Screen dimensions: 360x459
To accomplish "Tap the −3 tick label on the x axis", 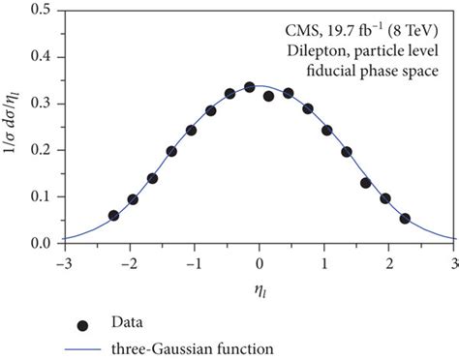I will pos(64,261).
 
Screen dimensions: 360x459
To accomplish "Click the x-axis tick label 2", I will pos(389,261).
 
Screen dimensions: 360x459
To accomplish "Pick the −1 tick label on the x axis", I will pos(194,261).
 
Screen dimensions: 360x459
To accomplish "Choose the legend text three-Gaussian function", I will pos(191,345).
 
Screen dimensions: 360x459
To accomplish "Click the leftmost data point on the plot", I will pos(113,216).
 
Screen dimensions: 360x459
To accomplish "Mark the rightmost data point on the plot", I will pos(405,219).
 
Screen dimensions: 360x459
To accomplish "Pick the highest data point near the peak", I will pos(250,87).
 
